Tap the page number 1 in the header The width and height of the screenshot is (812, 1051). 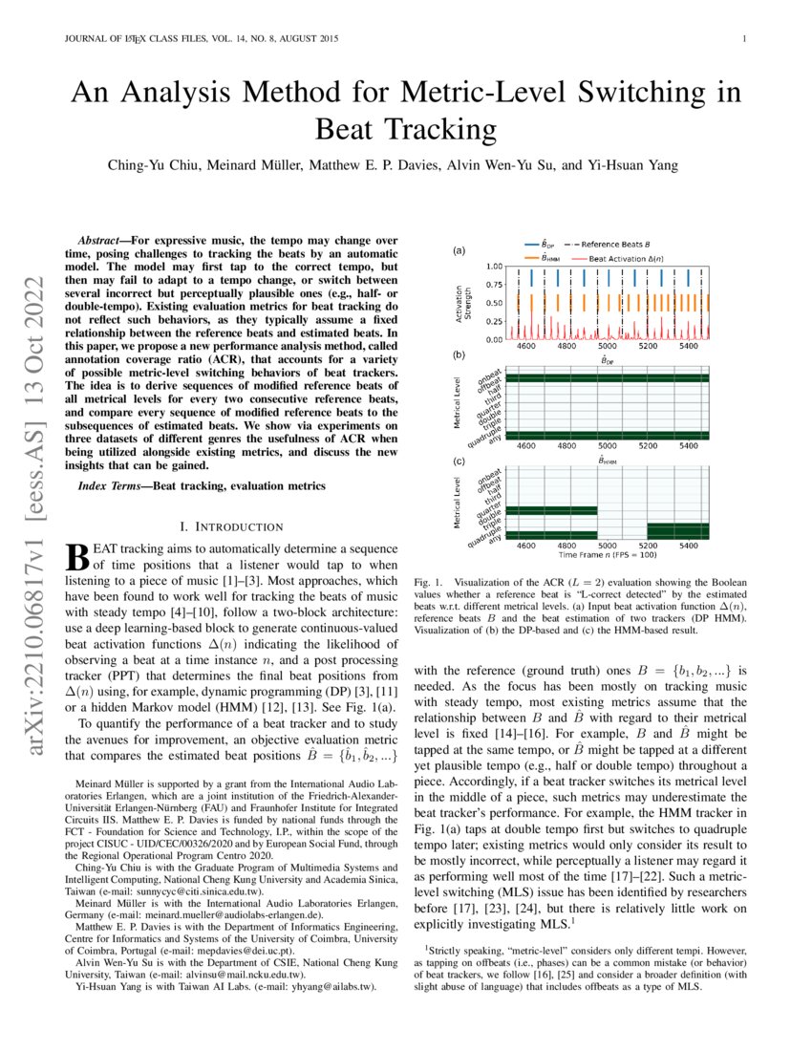click(x=743, y=39)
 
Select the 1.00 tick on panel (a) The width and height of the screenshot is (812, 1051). click(x=494, y=267)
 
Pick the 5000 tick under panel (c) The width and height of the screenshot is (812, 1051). click(x=607, y=545)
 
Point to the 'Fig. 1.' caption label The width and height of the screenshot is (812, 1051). click(x=429, y=582)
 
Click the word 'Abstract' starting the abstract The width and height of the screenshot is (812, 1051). click(x=103, y=237)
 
